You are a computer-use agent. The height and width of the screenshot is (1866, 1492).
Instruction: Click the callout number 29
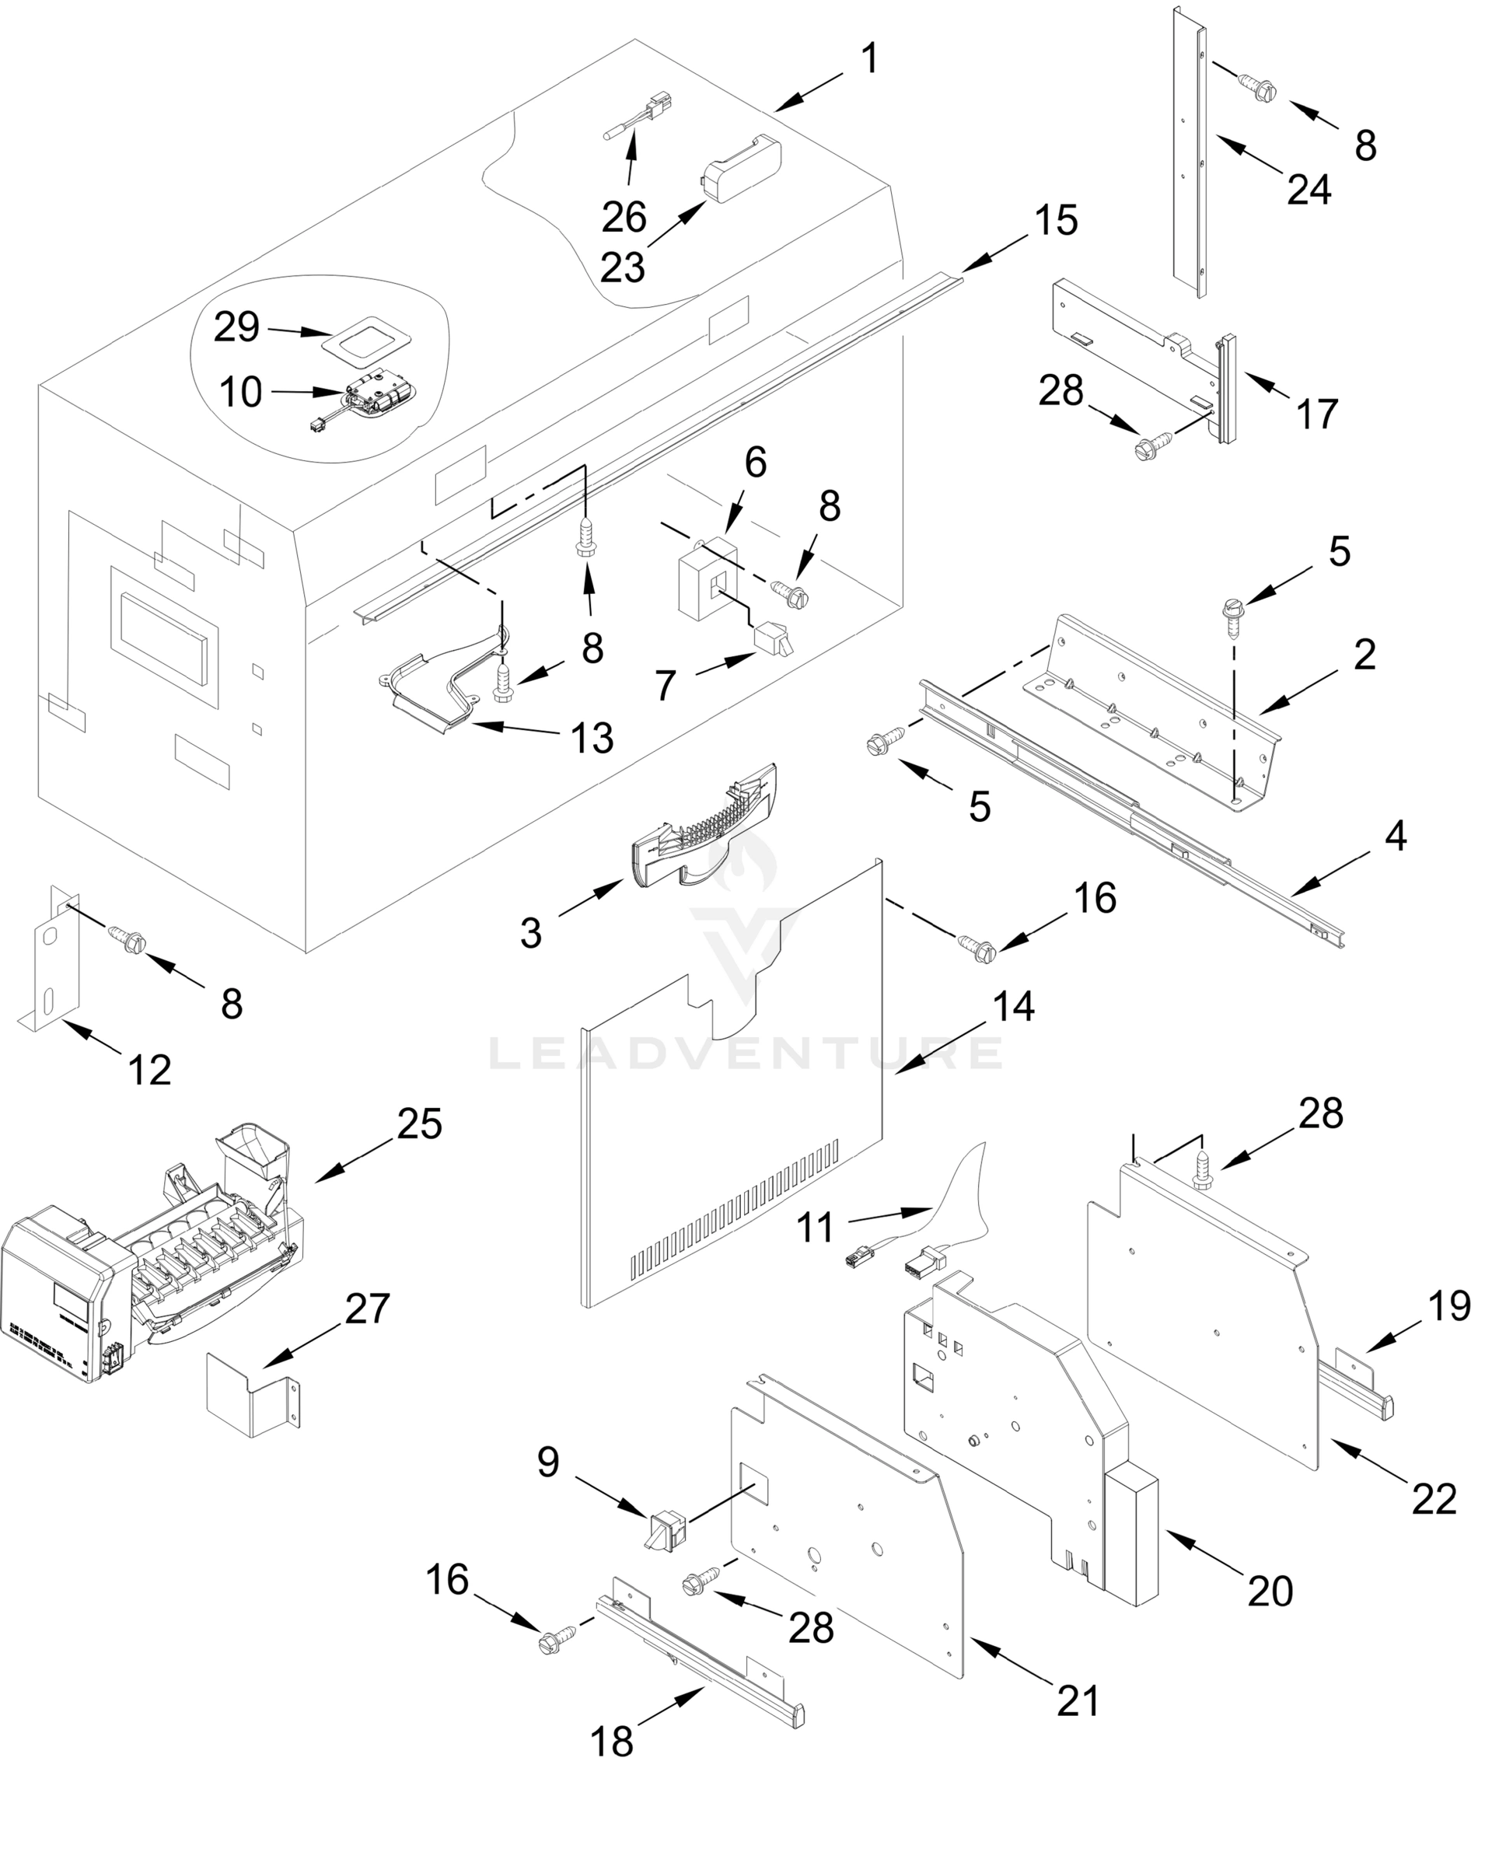(x=236, y=327)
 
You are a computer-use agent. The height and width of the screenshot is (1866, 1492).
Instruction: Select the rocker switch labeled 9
(x=665, y=1530)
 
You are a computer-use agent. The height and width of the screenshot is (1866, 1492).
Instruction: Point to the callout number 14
(x=1013, y=1006)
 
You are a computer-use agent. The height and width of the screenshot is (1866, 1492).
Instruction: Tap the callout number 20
(x=1270, y=1591)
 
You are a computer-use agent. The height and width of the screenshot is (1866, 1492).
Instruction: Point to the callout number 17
(x=1316, y=414)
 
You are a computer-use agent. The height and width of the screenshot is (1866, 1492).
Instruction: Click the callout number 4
(x=1395, y=836)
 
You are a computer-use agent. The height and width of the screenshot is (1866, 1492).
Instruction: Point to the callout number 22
(x=1434, y=1499)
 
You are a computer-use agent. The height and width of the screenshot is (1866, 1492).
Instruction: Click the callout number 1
(x=870, y=59)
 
